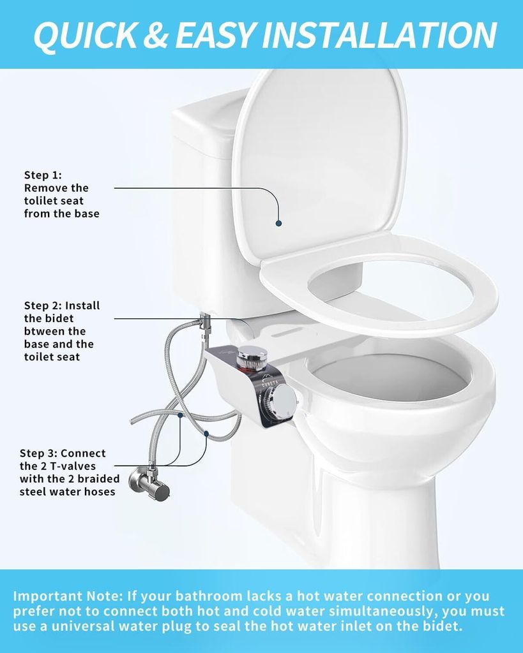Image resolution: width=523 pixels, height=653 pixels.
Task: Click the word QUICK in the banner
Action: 86,35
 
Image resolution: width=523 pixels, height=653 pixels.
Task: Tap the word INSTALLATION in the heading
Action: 379,34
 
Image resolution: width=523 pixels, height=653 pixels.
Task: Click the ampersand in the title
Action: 156,34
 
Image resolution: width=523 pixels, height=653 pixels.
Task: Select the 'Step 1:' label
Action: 43,175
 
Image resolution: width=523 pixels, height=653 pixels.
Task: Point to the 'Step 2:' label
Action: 43,305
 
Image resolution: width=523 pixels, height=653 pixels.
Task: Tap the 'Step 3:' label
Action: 38,453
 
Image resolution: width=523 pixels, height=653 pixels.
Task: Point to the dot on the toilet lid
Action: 278,223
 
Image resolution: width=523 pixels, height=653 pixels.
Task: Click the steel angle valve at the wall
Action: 149,483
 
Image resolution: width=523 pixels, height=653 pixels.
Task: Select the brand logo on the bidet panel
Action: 267,381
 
